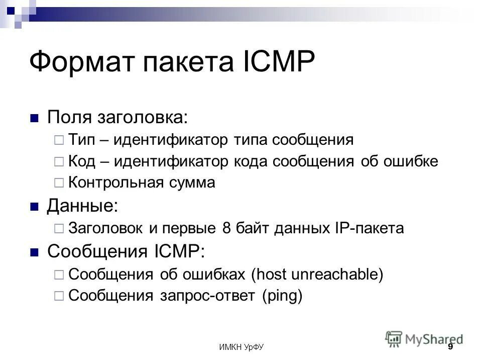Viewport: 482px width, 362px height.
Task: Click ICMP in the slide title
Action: coord(272,62)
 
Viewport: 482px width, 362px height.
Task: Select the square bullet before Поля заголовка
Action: coord(35,119)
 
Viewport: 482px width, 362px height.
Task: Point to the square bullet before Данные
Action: coord(35,207)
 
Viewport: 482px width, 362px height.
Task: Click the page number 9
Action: coord(450,347)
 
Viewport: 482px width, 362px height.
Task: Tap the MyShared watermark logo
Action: coord(425,339)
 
